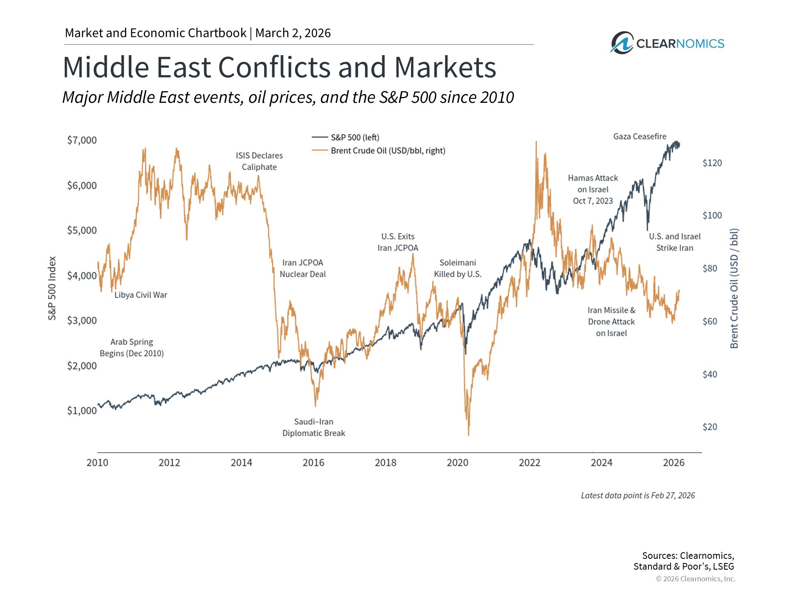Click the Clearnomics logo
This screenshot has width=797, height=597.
click(x=667, y=43)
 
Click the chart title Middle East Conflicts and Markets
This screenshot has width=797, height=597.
click(x=279, y=67)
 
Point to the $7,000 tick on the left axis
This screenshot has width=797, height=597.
click(x=82, y=140)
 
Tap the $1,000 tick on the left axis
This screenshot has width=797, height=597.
click(x=82, y=410)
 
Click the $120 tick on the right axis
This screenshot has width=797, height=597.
click(x=712, y=163)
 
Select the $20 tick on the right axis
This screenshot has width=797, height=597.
click(x=709, y=427)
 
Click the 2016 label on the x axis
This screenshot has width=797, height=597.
click(x=313, y=463)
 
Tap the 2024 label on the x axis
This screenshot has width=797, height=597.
click(x=601, y=463)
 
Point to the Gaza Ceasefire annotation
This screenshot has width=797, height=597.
click(x=640, y=136)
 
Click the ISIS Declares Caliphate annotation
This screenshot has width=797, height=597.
click(x=259, y=161)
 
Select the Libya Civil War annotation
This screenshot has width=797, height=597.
click(x=141, y=295)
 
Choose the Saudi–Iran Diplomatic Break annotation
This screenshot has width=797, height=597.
click(x=314, y=427)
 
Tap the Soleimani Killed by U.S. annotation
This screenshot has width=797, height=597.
click(x=458, y=268)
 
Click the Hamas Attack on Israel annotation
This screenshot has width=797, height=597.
click(x=593, y=189)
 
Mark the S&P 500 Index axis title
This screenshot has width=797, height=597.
click(x=52, y=288)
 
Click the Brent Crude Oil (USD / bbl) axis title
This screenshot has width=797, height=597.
click(x=734, y=288)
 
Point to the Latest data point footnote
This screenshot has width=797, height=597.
click(x=638, y=495)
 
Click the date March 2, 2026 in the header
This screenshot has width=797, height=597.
click(x=293, y=33)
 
